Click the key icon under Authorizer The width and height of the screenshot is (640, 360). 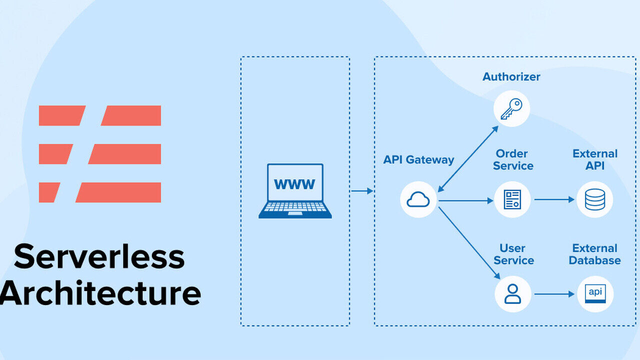click(x=511, y=109)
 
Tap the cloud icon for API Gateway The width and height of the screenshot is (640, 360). click(x=418, y=199)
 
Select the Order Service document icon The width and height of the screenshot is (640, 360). click(x=512, y=199)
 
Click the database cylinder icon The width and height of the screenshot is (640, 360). click(x=595, y=199)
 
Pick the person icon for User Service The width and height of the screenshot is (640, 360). click(x=512, y=293)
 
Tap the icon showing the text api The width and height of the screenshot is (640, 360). click(x=595, y=293)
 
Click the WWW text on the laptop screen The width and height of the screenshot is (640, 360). click(x=294, y=184)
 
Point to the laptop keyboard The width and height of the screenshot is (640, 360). click(x=295, y=207)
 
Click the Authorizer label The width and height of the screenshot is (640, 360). click(x=511, y=76)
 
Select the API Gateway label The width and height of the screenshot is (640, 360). click(x=418, y=159)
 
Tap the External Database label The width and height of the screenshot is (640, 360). click(x=595, y=254)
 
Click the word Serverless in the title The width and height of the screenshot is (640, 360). click(x=99, y=256)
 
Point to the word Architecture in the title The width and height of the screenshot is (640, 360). click(x=100, y=292)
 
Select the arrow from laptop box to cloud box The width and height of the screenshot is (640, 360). click(x=362, y=191)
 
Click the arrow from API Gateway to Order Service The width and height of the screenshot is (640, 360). click(x=466, y=201)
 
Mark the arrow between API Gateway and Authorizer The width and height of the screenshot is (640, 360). click(x=468, y=159)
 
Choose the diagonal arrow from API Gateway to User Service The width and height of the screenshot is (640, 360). click(x=469, y=243)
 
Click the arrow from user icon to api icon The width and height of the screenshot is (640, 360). click(x=554, y=294)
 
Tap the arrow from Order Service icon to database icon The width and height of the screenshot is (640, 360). click(x=554, y=199)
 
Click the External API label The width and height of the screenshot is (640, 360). click(x=595, y=159)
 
